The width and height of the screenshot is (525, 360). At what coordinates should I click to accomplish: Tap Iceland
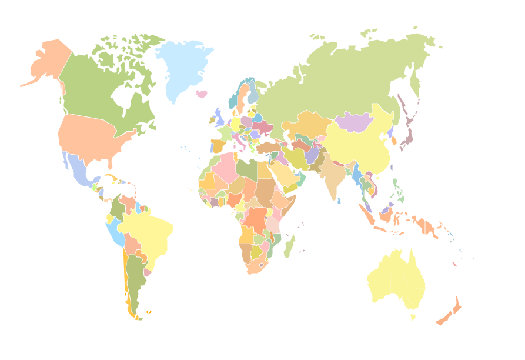(x=202, y=94)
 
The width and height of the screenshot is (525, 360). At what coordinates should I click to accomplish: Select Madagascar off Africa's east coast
(x=289, y=247)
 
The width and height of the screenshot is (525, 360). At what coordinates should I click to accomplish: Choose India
(x=332, y=179)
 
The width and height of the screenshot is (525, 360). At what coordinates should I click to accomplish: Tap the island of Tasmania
(x=413, y=317)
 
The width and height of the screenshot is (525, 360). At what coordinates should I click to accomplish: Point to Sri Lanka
(x=339, y=201)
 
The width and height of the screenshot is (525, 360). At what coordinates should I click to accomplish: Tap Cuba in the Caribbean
(x=112, y=176)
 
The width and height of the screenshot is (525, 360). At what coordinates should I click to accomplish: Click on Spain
(x=217, y=145)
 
